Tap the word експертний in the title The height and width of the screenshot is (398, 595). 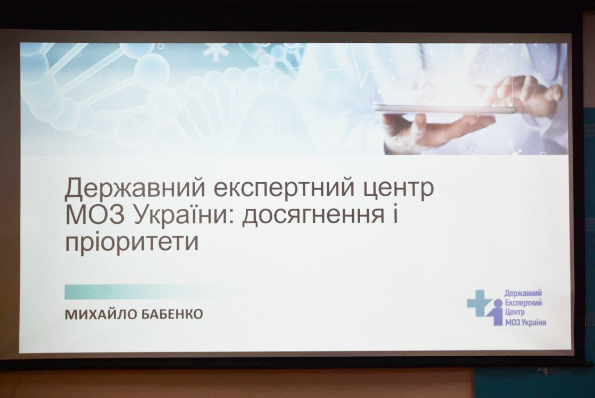click(x=284, y=189)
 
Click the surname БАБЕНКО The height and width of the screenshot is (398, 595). click(x=172, y=315)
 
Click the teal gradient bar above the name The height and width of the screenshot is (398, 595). click(x=149, y=292)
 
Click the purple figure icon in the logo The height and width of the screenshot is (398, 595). click(x=496, y=312)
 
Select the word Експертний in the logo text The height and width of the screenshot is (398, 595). click(x=523, y=303)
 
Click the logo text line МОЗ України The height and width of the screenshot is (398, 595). click(x=525, y=323)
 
